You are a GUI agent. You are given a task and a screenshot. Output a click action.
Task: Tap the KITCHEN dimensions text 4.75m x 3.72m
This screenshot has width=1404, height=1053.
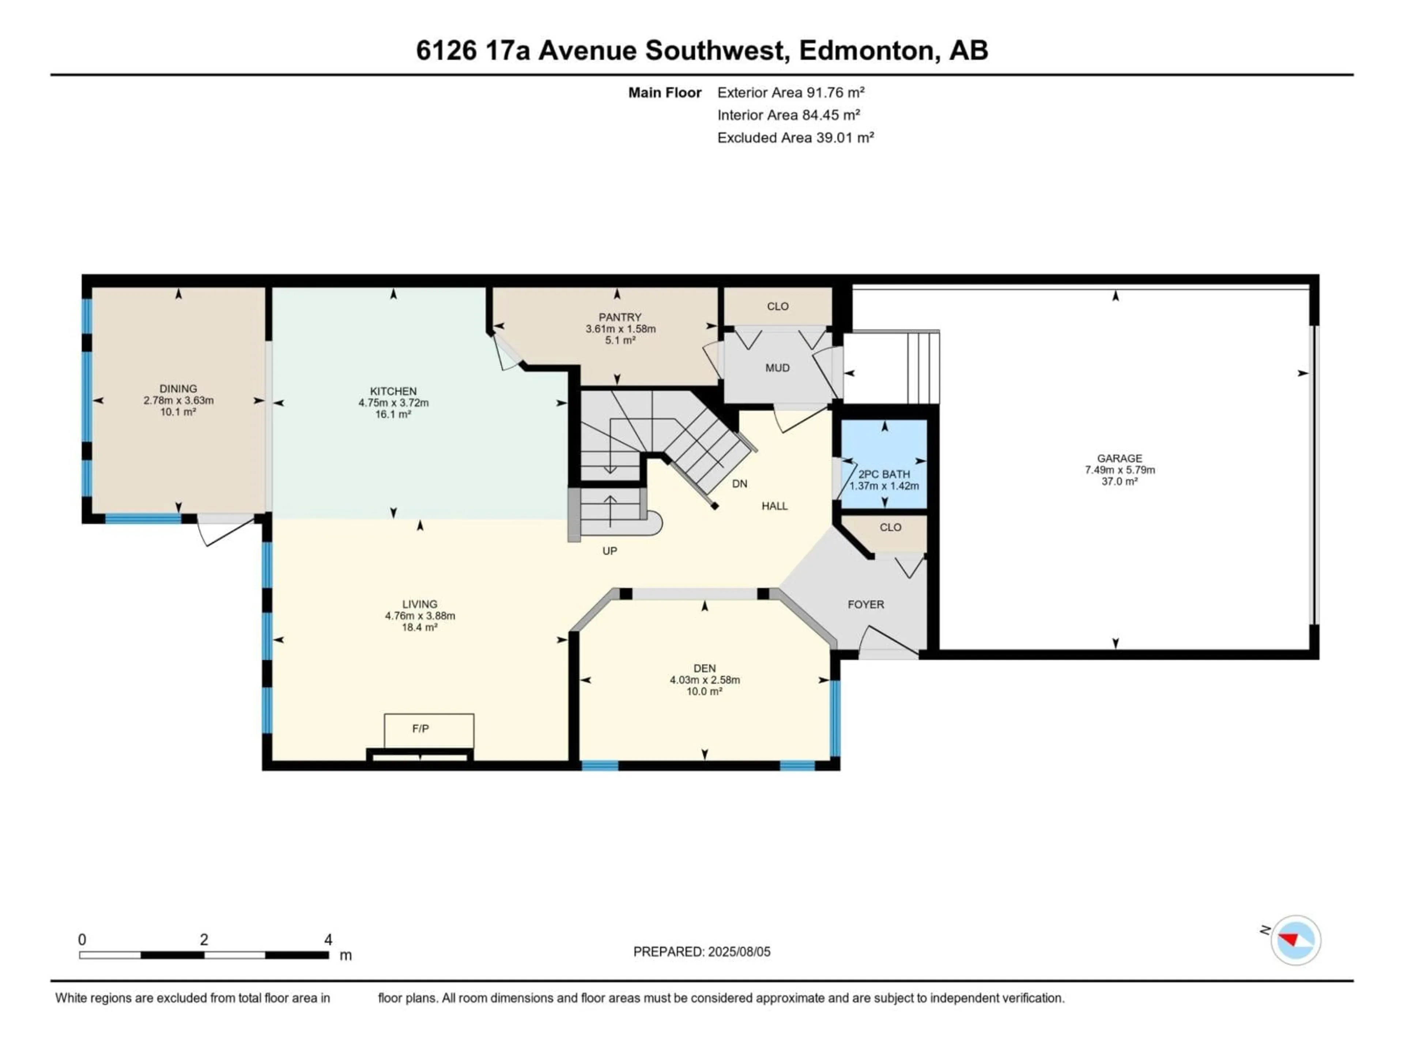tap(393, 403)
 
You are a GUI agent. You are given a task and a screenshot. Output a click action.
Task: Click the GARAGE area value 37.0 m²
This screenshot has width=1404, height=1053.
tap(1120, 482)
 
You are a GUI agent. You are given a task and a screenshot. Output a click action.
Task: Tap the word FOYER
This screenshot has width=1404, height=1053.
tap(866, 604)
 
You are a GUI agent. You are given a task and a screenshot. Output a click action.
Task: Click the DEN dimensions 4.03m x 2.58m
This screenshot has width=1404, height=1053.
tap(705, 680)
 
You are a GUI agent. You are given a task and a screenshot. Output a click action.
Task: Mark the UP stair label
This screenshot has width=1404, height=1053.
tap(609, 551)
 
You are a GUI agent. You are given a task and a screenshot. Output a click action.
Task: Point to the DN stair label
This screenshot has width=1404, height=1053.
tap(739, 484)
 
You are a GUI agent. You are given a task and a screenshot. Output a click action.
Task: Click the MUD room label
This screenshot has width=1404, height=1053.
tap(778, 368)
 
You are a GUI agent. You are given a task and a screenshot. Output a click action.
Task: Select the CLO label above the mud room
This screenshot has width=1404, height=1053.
tap(778, 306)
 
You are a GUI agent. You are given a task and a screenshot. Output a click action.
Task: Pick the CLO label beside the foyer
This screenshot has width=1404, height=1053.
tap(891, 528)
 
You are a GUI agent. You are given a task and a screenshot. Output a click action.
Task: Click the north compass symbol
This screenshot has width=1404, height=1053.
tap(1295, 940)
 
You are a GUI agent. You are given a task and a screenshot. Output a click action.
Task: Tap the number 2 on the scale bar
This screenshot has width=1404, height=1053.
tap(204, 939)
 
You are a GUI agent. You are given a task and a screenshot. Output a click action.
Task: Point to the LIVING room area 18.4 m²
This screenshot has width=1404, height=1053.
tap(419, 627)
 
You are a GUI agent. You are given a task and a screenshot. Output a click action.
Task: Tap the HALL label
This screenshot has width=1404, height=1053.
tap(774, 506)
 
